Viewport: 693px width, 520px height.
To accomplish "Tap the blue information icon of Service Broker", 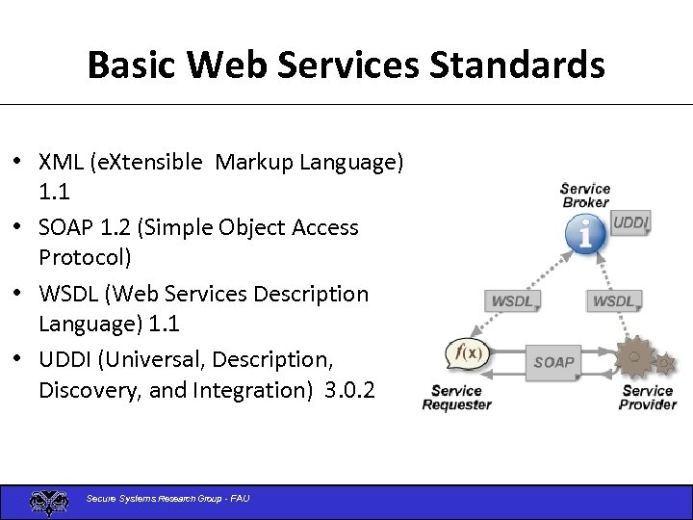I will [x=584, y=233].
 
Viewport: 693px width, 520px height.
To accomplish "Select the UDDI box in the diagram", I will [x=630, y=223].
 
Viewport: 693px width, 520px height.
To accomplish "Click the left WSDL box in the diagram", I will [x=511, y=301].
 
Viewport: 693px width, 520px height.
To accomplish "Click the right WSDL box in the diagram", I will [x=613, y=301].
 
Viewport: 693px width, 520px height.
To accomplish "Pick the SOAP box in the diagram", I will [x=553, y=362].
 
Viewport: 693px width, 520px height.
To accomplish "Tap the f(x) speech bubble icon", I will [x=469, y=354].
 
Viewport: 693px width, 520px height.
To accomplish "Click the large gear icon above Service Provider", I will [x=634, y=358].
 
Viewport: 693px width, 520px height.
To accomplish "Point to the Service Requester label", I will [x=456, y=397].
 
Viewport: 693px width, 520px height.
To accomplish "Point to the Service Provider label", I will [x=647, y=397].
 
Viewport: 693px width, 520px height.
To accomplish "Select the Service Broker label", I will [x=585, y=195].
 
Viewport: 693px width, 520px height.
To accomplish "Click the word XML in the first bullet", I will [x=61, y=162].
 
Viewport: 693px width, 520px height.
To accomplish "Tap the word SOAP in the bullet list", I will [x=66, y=227].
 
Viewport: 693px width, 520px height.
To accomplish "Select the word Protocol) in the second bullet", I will [x=85, y=258].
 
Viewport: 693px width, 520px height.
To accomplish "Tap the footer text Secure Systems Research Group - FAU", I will [x=167, y=499].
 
